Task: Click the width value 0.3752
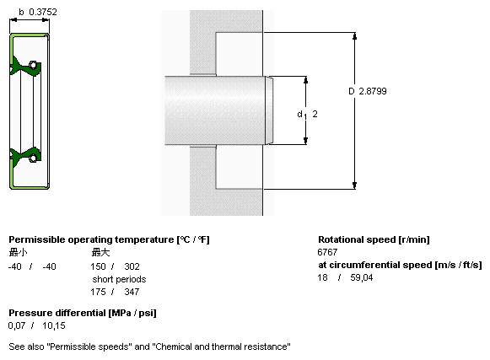click(x=43, y=12)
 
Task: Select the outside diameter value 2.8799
click(x=373, y=91)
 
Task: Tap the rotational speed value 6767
click(x=327, y=252)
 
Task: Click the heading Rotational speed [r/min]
click(x=374, y=239)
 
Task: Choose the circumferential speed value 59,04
click(x=362, y=277)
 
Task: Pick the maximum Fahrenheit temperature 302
click(x=132, y=266)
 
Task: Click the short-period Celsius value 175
click(x=98, y=292)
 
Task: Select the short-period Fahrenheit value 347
click(x=132, y=292)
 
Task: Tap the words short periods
click(x=119, y=279)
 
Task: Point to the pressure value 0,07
click(x=17, y=325)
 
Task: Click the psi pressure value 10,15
click(x=54, y=325)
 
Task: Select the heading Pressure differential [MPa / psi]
click(x=83, y=313)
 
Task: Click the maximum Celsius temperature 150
click(x=98, y=266)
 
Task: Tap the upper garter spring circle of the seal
click(x=33, y=65)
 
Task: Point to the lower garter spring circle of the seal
click(x=33, y=159)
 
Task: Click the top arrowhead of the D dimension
click(x=354, y=36)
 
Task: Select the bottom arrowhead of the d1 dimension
click(x=305, y=141)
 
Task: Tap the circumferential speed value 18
click(x=322, y=277)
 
